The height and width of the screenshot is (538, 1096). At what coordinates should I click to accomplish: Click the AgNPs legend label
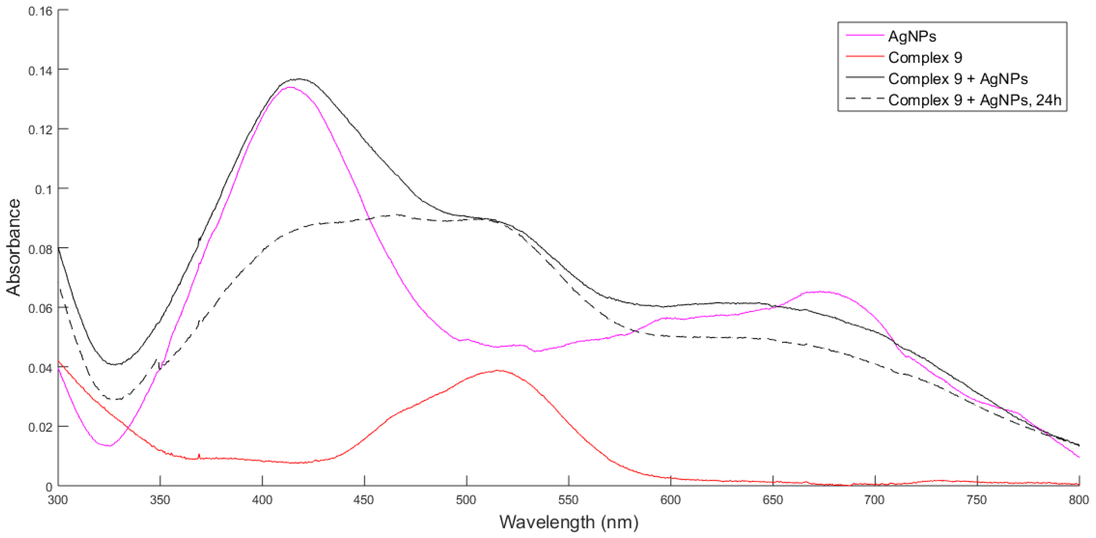[912, 37]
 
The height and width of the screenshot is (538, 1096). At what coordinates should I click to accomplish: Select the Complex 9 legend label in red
[925, 57]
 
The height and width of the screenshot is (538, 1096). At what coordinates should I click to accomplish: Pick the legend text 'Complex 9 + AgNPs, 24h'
[975, 100]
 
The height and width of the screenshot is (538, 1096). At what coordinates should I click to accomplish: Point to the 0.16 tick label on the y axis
[40, 11]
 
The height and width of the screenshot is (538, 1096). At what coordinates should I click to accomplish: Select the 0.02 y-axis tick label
[40, 427]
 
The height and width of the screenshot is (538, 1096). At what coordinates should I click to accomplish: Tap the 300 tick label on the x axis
[58, 500]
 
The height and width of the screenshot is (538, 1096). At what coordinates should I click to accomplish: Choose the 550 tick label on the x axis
[569, 500]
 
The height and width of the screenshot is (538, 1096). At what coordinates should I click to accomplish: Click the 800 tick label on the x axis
[1079, 500]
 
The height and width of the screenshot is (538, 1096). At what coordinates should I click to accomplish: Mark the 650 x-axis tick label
[773, 500]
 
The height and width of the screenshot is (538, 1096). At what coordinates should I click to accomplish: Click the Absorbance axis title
[13, 247]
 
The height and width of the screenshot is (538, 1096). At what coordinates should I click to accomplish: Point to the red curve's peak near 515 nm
[499, 371]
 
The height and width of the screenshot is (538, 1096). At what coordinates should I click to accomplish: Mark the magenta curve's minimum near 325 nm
[109, 446]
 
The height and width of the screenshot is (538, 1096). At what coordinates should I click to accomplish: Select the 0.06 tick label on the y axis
[40, 308]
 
